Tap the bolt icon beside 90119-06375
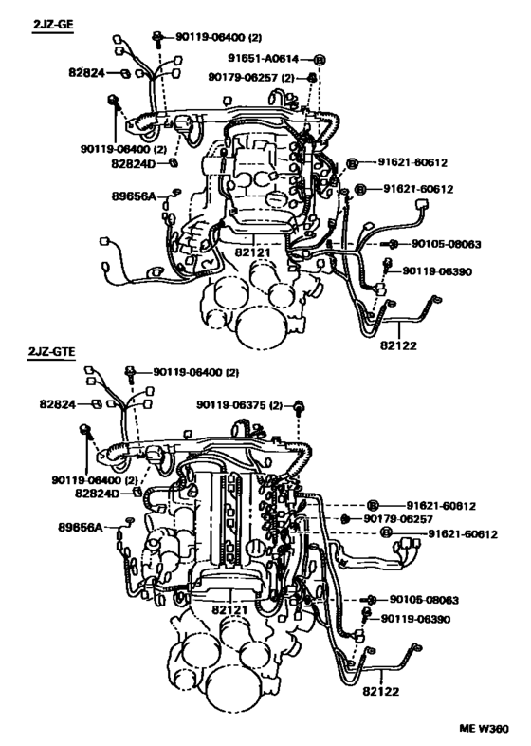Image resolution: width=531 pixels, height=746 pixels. pyautogui.click(x=301, y=406)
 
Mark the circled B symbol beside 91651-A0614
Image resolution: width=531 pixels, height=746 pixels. pyautogui.click(x=320, y=59)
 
